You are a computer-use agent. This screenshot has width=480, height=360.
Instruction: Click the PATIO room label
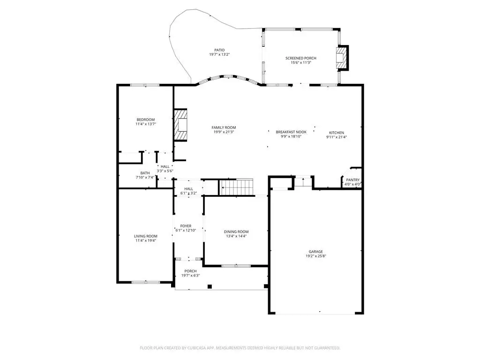219,50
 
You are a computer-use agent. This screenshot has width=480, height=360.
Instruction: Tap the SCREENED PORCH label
301,58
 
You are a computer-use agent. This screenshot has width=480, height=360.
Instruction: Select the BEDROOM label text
146,120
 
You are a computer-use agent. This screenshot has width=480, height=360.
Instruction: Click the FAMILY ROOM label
224,127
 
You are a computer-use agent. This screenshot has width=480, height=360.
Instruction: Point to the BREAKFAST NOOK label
291,132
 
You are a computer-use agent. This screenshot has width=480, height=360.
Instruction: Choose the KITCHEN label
337,133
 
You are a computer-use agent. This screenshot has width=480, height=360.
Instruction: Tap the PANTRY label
352,180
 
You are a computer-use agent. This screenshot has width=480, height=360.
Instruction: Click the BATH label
145,173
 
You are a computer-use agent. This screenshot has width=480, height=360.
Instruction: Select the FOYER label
186,226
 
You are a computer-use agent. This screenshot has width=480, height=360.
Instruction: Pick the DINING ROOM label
236,232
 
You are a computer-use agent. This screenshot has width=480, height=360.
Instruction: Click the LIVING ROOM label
146,236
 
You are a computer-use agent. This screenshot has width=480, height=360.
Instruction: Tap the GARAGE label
315,252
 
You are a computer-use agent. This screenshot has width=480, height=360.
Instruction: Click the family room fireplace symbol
180,125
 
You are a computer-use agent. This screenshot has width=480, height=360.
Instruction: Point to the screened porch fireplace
342,58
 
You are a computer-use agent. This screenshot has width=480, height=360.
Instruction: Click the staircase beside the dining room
237,187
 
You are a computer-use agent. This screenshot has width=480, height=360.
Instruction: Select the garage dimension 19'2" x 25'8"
315,256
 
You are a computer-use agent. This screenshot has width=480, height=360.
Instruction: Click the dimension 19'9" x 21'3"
224,132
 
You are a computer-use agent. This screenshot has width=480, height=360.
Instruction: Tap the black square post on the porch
210,286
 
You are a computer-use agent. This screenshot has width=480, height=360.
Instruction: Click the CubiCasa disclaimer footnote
240,348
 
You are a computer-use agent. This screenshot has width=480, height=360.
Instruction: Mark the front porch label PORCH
190,271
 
